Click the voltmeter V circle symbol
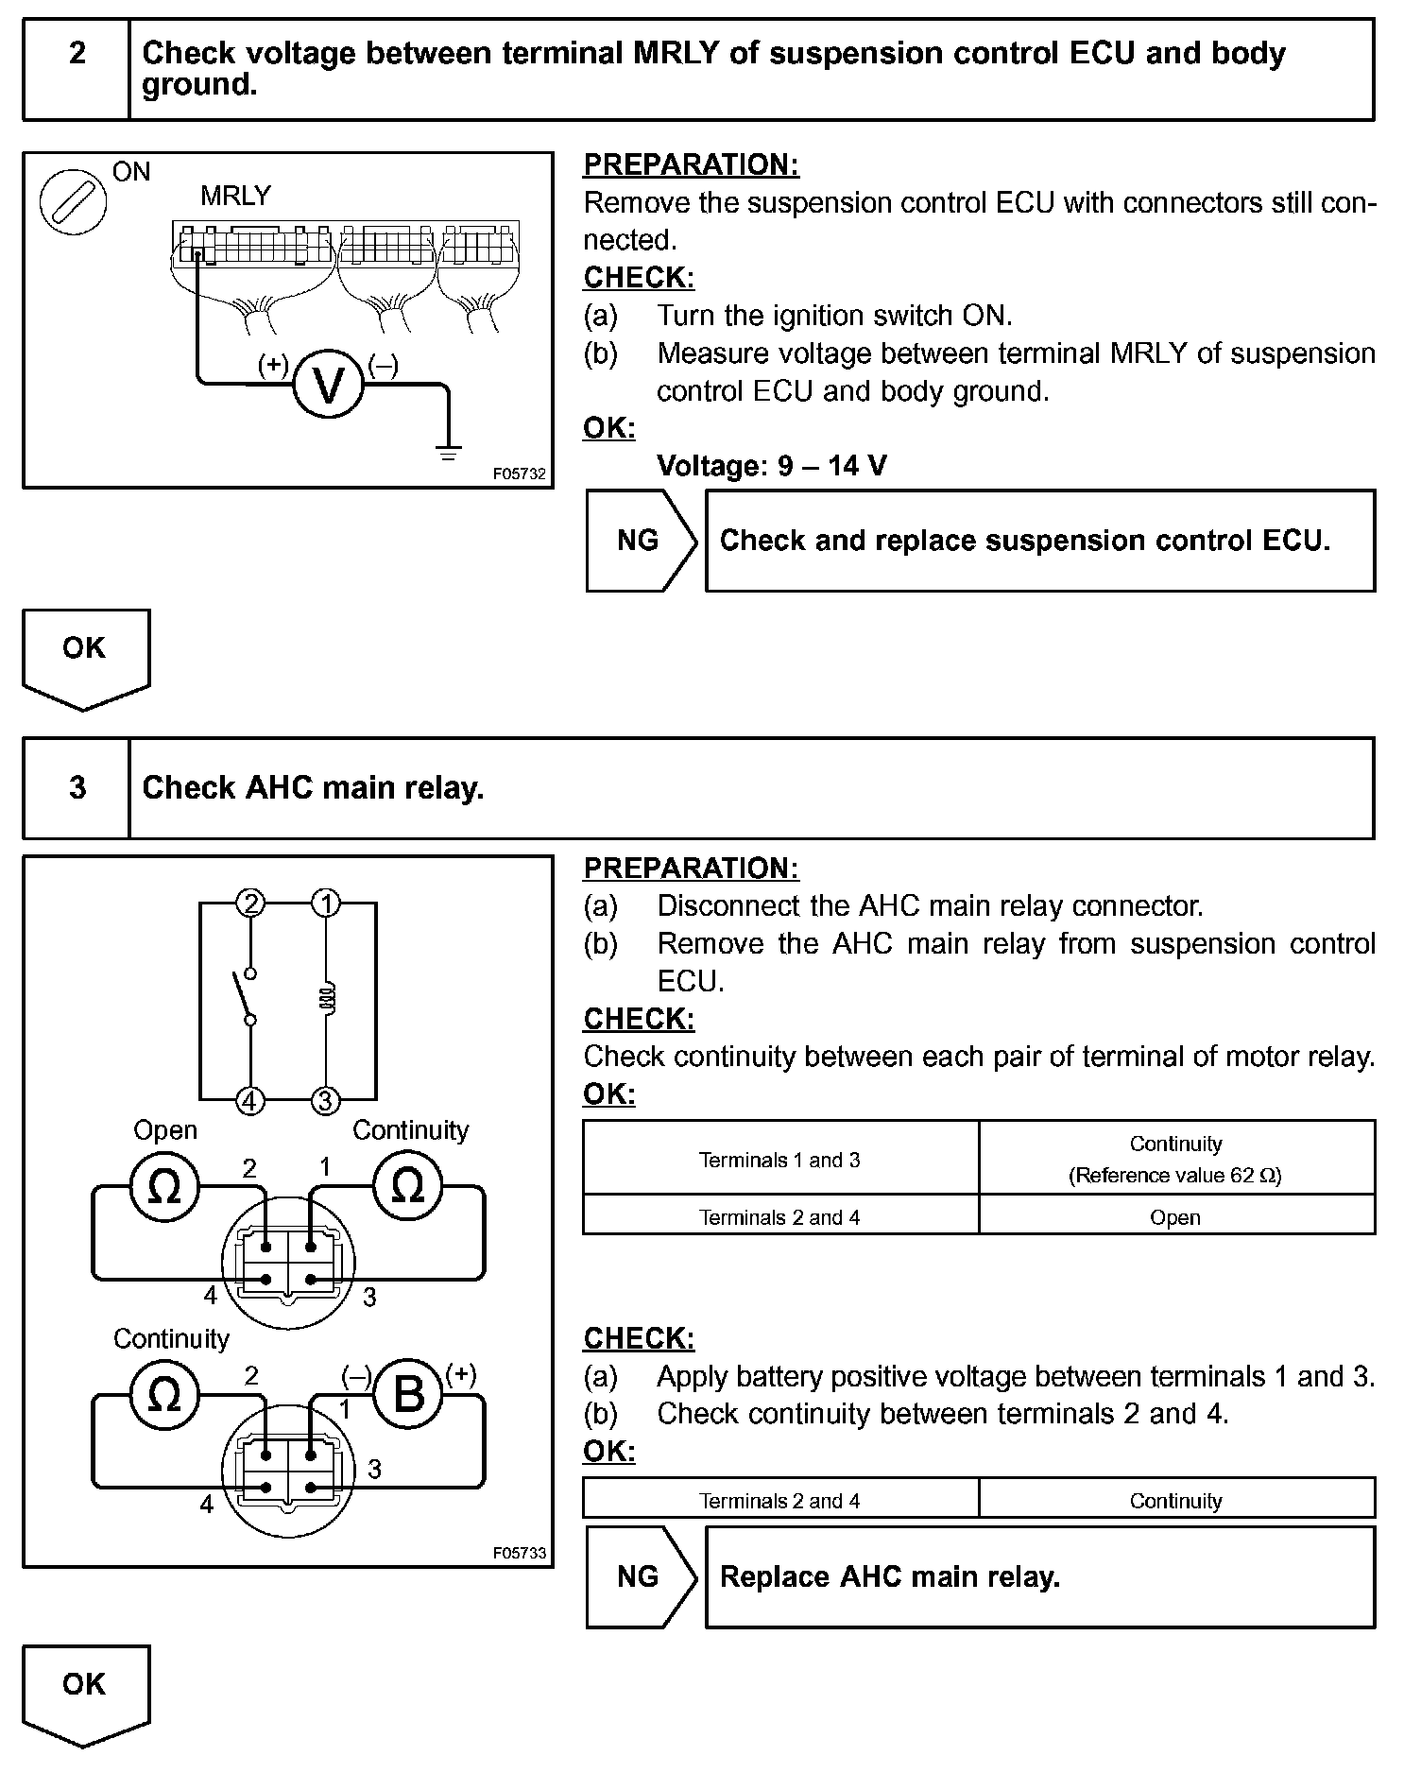[328, 385]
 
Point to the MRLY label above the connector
[235, 196]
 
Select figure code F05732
[520, 474]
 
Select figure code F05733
[520, 1553]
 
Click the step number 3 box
[77, 787]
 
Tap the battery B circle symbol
[408, 1393]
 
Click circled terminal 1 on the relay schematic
[326, 904]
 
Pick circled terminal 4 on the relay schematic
[250, 1101]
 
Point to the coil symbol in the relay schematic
[327, 1000]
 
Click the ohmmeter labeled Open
[164, 1187]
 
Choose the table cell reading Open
[1175, 1217]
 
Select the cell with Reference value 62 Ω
[1175, 1160]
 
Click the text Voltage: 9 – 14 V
[772, 466]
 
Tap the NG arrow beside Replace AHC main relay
[640, 1576]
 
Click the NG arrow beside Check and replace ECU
[640, 541]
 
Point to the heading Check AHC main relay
[313, 788]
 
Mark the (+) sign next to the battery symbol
[461, 1373]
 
